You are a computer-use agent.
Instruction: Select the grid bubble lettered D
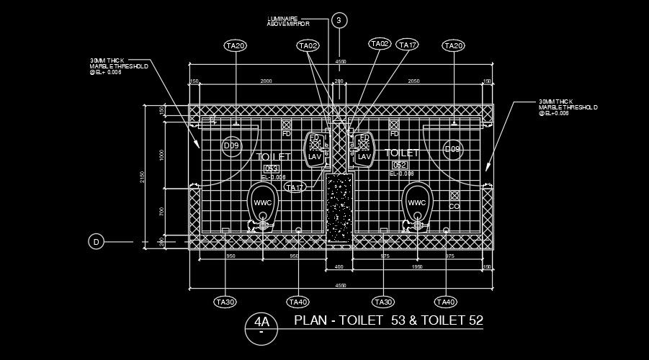coord(96,242)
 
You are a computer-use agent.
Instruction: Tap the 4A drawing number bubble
coord(261,323)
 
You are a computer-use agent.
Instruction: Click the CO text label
coord(454,206)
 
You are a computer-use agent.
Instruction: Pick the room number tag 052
coord(400,166)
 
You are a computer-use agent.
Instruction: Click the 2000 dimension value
coord(266,81)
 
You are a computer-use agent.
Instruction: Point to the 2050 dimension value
coord(414,81)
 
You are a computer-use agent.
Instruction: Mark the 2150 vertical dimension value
coord(144,177)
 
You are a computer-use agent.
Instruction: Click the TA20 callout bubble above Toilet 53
coord(236,46)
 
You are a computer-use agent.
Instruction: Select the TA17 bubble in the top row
coord(408,45)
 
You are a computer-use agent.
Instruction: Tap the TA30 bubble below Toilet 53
coord(225,302)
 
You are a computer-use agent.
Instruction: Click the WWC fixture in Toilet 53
coord(263,202)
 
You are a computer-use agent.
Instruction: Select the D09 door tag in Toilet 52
coord(452,149)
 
